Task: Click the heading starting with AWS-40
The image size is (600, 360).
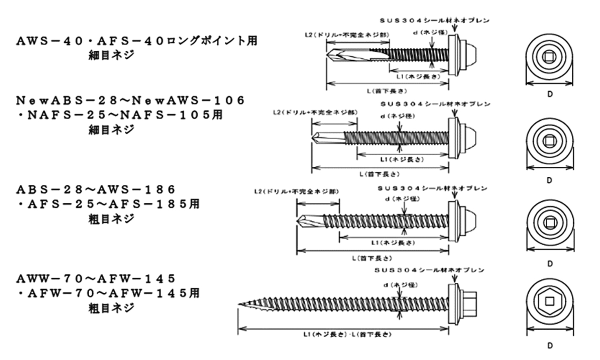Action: [136, 41]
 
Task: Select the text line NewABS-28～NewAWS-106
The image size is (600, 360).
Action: [130, 100]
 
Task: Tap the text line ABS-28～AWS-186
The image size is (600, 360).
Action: [96, 189]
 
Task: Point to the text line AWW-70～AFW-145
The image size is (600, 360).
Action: [96, 278]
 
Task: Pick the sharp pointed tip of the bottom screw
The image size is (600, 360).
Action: [240, 305]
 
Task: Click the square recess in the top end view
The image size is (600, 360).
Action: [550, 57]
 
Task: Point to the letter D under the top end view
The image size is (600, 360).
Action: [550, 94]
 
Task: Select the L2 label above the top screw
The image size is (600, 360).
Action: [346, 35]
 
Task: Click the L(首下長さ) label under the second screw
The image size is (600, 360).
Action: [379, 174]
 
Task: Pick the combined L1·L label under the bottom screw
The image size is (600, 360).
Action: [346, 334]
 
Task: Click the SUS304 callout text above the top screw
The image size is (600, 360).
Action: [434, 20]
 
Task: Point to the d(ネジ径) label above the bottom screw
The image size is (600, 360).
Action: [400, 285]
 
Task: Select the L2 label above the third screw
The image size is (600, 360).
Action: [296, 192]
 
